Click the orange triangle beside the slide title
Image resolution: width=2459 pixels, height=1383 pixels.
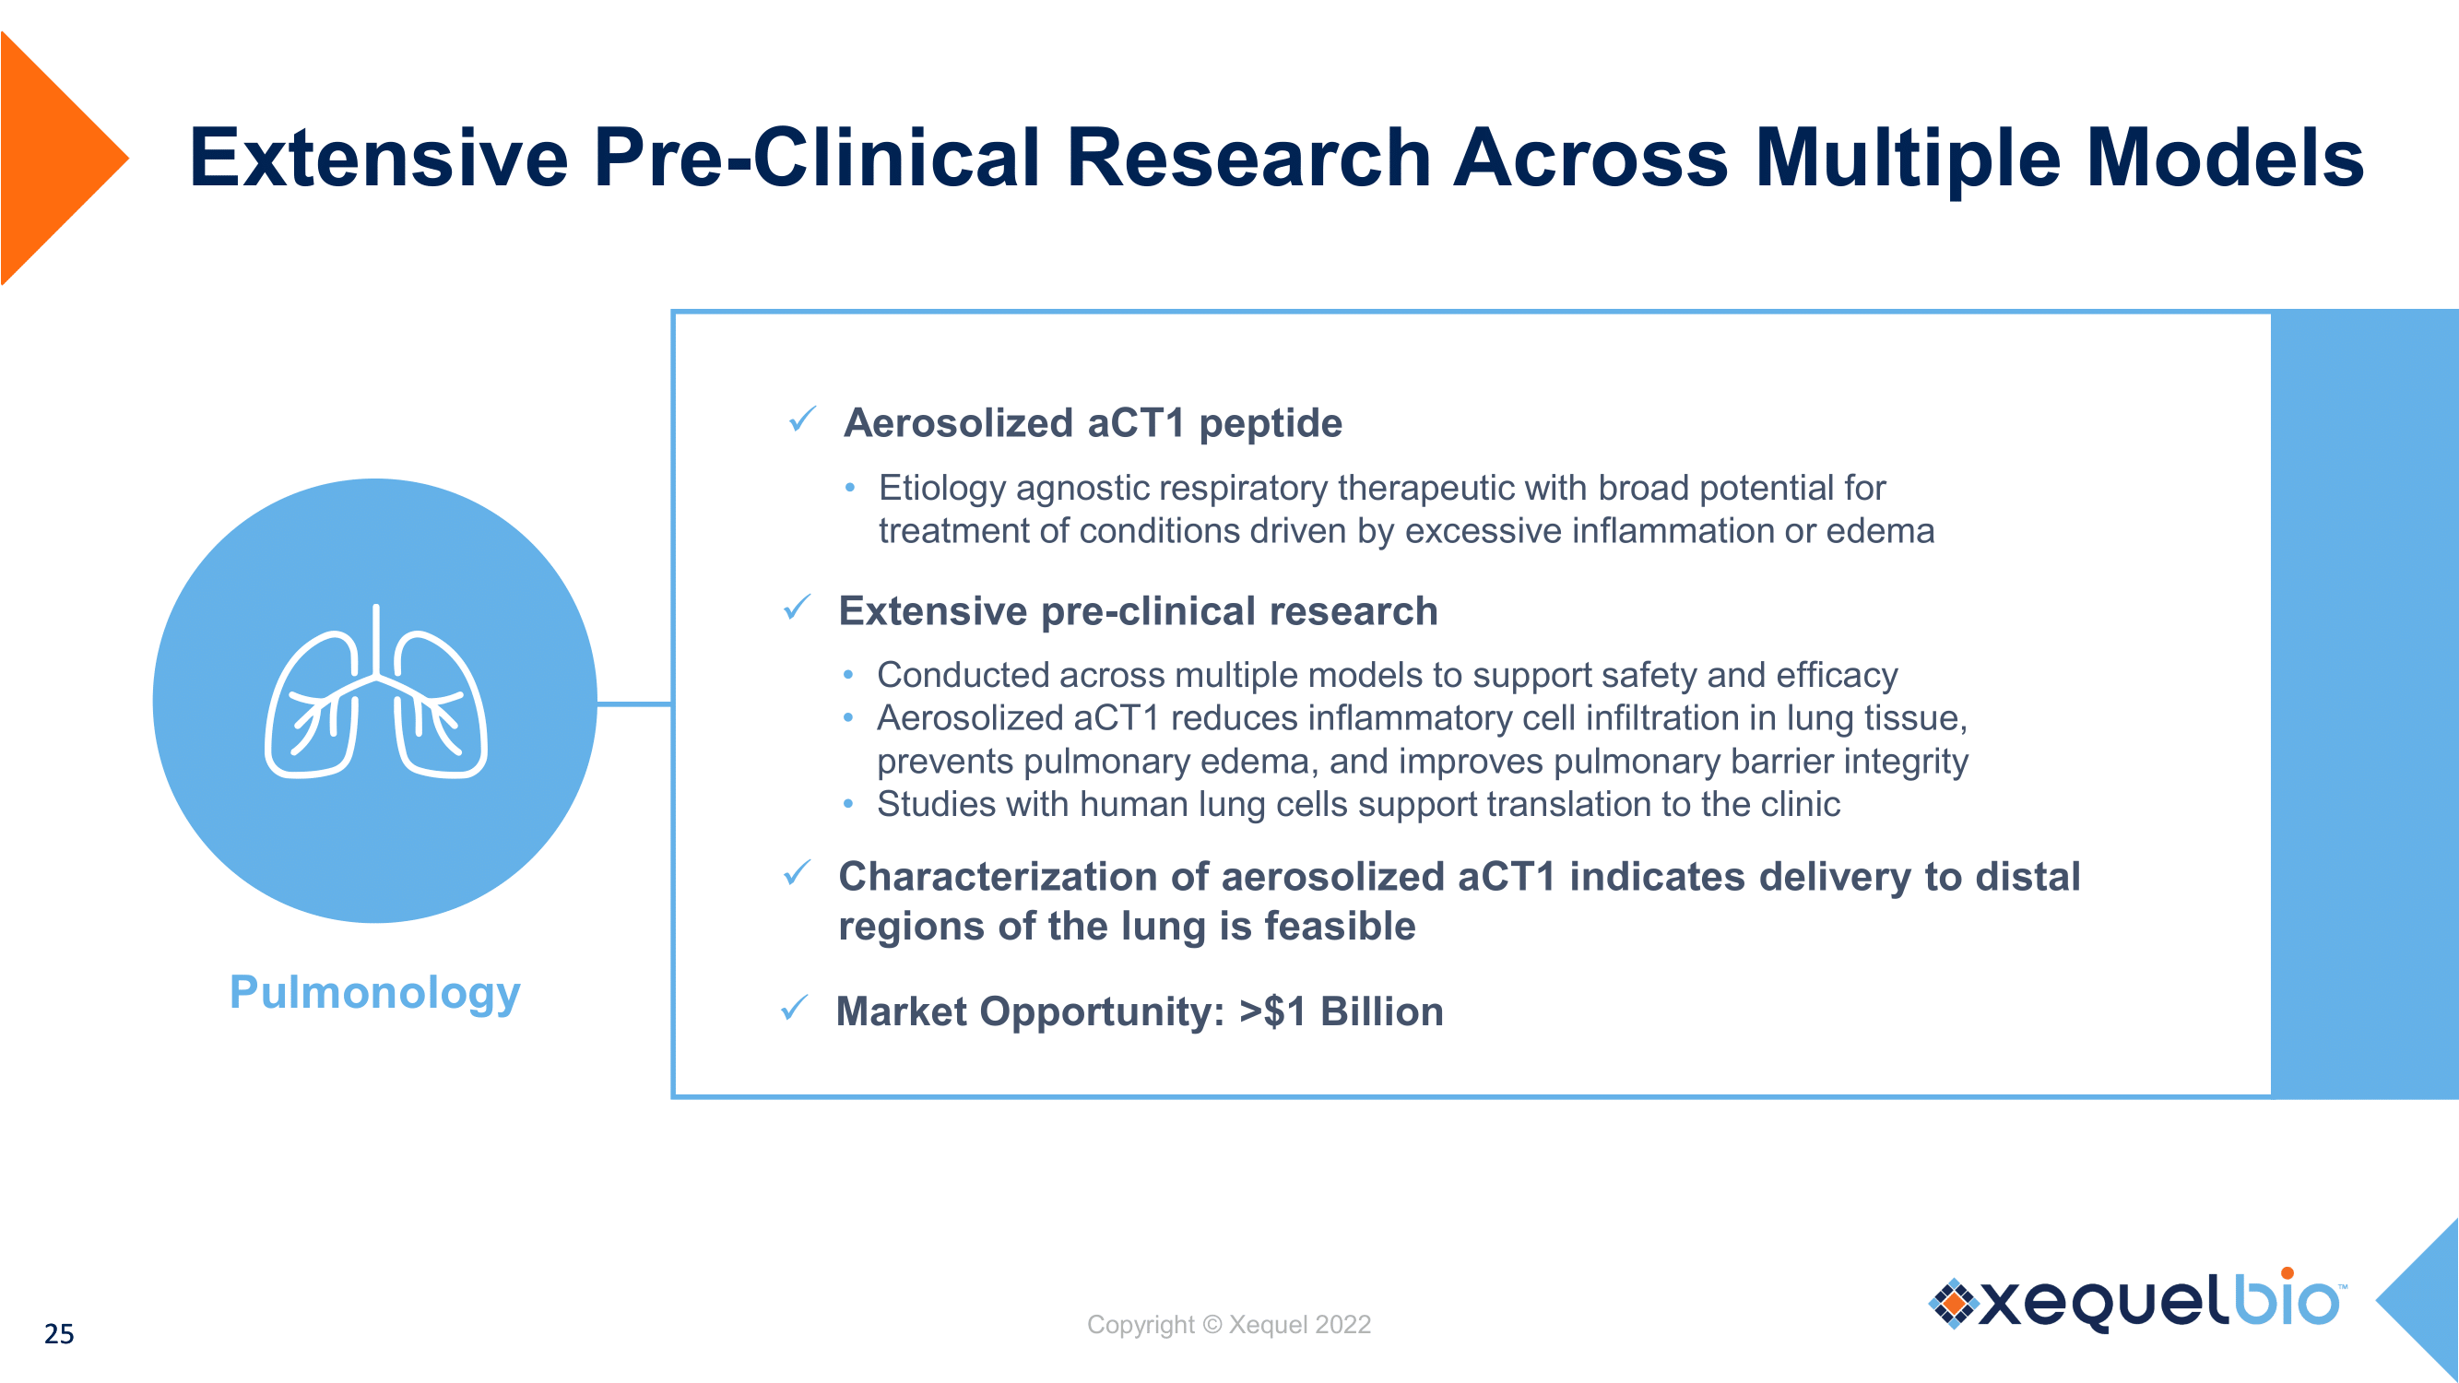[53, 159]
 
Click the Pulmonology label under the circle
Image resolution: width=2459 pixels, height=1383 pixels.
[375, 995]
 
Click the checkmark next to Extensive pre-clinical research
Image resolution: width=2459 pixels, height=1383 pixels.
[797, 606]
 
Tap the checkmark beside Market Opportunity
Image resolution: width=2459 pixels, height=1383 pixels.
[794, 1007]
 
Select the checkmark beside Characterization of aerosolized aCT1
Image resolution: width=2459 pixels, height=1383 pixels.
[797, 871]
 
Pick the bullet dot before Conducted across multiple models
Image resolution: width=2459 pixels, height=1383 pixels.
[848, 675]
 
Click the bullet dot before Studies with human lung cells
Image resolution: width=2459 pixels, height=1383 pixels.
[848, 805]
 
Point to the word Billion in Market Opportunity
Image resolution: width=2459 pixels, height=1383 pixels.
[1381, 1011]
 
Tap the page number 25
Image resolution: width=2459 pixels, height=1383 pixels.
[59, 1334]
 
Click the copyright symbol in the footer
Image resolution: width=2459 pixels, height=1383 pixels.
[1212, 1325]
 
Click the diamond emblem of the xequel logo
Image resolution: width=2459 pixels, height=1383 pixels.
[1954, 1303]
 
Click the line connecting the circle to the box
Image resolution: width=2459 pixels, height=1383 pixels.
[633, 704]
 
